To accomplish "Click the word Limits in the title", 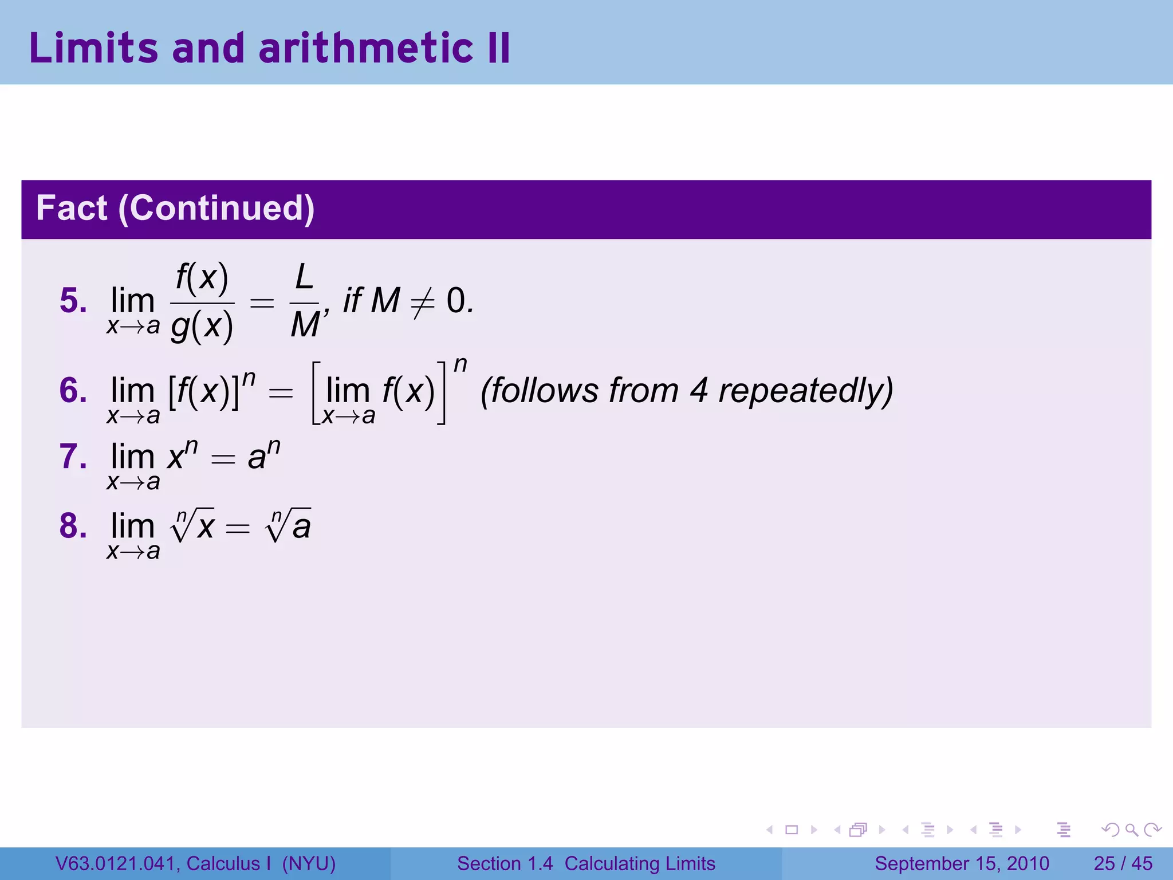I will pos(93,48).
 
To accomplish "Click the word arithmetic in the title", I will pos(365,48).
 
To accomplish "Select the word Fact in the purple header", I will pos(72,208).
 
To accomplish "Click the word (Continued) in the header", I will pos(217,208).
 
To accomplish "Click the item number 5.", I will pos(73,301).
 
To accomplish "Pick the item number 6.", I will pos(73,391).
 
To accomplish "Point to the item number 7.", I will pos(73,457).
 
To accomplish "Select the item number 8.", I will pos(73,526).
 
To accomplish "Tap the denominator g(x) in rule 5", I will pos(202,327).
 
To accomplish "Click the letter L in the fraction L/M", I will pos(304,278).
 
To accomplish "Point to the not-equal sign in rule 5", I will pos(423,302).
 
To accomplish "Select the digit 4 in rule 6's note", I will pos(698,391).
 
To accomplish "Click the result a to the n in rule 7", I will pos(263,456).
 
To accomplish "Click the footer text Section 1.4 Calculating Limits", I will pos(586,863).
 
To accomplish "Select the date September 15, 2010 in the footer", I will pos(962,863).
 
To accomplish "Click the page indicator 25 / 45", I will pos(1123,863).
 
